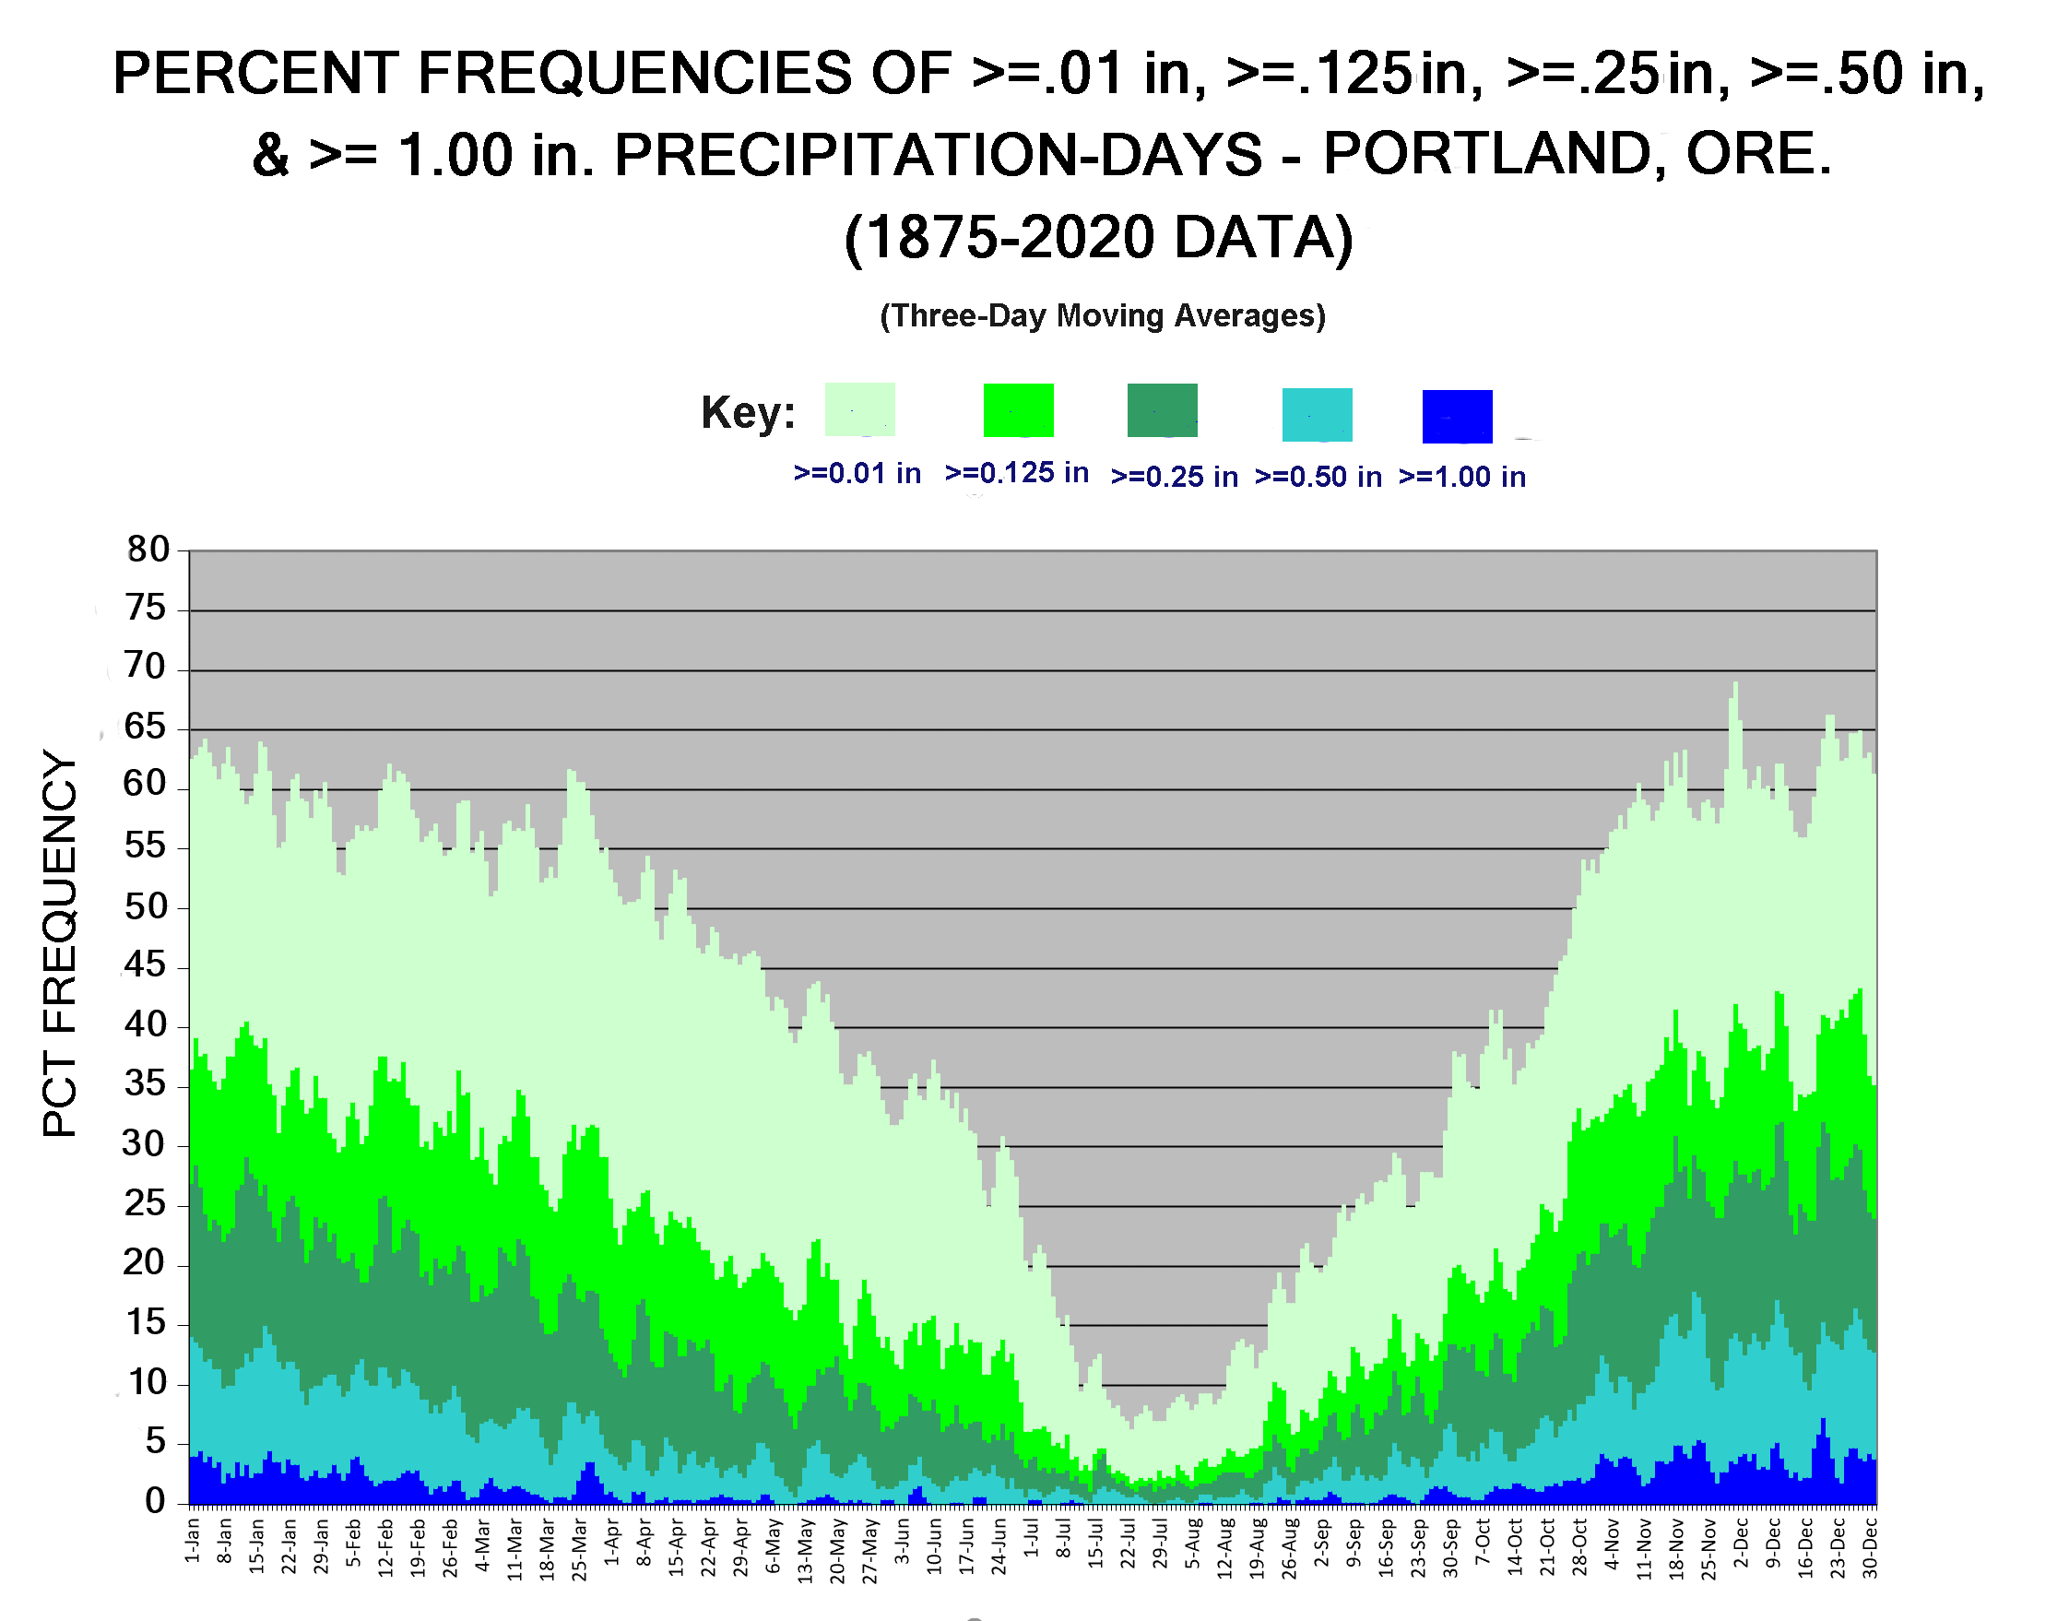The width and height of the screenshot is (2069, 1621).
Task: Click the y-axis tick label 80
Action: coord(148,549)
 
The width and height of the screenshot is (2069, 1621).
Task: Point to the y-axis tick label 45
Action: coord(145,965)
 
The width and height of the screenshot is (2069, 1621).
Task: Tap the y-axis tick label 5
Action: coord(156,1441)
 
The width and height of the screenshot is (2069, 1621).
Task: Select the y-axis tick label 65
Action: coord(145,727)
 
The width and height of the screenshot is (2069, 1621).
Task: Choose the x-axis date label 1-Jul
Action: coord(1032,1538)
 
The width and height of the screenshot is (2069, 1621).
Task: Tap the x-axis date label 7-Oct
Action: coord(1483,1542)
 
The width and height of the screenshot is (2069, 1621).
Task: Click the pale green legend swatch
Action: coord(860,409)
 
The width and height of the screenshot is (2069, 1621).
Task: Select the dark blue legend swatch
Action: coord(1457,417)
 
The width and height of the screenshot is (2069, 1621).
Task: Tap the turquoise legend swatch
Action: coord(1318,415)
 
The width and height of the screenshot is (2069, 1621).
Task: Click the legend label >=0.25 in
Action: coord(1174,477)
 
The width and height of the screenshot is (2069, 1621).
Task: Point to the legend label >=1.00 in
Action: coord(1462,477)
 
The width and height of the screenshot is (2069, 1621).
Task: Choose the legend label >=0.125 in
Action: coord(1016,473)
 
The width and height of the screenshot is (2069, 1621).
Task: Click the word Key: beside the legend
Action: coord(748,413)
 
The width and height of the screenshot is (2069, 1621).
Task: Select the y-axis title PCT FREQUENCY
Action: coord(59,944)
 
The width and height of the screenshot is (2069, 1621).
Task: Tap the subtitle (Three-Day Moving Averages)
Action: coord(1103,315)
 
